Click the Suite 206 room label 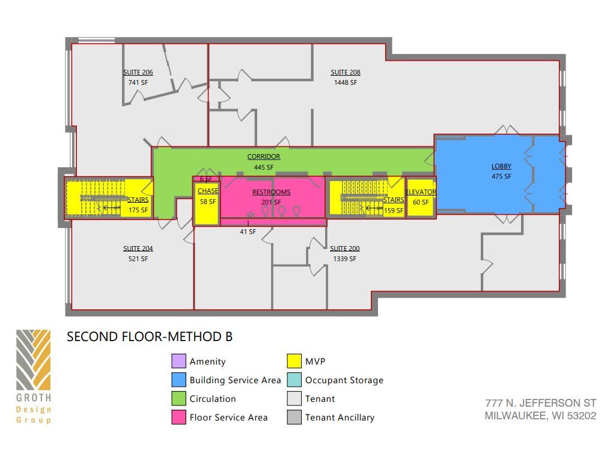click(x=138, y=72)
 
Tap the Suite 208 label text click(x=346, y=72)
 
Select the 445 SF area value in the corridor click(x=263, y=167)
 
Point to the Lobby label click(x=501, y=166)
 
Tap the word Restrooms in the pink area click(x=271, y=192)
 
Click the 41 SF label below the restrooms click(x=248, y=232)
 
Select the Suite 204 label click(x=138, y=248)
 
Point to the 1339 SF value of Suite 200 click(x=345, y=259)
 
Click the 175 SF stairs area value click(x=138, y=210)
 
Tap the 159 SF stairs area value click(x=394, y=211)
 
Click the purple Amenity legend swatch click(x=178, y=362)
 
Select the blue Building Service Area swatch click(x=178, y=380)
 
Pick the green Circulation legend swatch click(x=178, y=399)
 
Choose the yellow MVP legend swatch click(x=294, y=362)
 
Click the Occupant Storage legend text click(x=344, y=380)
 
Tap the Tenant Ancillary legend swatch click(x=294, y=417)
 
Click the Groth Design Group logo click(x=34, y=376)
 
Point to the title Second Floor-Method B click(x=150, y=337)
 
